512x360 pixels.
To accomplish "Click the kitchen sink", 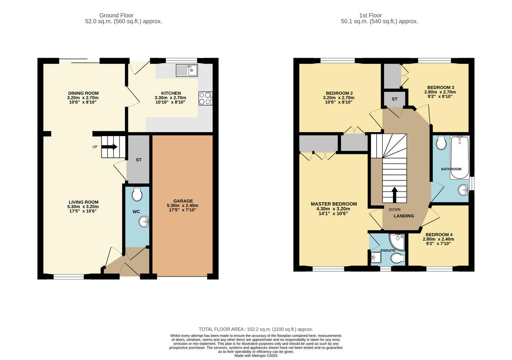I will tap(186, 70).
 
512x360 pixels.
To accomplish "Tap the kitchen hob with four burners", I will tap(205, 99).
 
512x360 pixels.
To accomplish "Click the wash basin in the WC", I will tap(144, 222).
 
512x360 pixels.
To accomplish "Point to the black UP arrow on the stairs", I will tap(110, 147).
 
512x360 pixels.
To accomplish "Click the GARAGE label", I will tap(183, 201).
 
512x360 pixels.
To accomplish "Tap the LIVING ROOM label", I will tap(84, 202).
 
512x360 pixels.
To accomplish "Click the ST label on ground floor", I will tap(139, 160).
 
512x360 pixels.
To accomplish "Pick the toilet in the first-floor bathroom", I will tap(441, 142).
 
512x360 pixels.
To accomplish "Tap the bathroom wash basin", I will tap(462, 190).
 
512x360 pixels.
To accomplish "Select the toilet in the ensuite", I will tap(398, 258).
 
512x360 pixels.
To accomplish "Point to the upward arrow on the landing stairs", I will tap(393, 194).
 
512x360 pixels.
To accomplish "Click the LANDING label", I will tap(404, 216).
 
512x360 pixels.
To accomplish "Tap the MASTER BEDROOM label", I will tap(334, 204).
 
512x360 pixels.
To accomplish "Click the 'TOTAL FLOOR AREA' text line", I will tap(256, 329).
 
